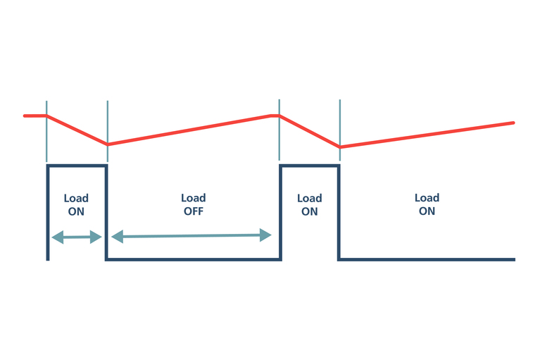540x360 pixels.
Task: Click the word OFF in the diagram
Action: pos(193,211)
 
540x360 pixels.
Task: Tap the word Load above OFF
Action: pos(193,198)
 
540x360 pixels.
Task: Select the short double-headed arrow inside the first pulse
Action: pos(77,237)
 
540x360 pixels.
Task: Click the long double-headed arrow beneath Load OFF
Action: pos(191,236)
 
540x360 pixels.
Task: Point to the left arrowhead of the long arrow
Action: pos(117,237)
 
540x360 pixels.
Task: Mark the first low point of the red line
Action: pos(108,144)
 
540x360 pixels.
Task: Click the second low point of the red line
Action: pos(340,147)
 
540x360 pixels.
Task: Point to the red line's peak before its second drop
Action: pos(279,116)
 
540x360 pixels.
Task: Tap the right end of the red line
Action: pos(513,123)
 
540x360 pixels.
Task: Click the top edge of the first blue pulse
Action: pos(77,166)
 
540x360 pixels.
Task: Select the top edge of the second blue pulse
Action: pos(310,166)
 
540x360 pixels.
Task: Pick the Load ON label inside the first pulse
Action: pos(76,205)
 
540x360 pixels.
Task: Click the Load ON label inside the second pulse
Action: pos(309,205)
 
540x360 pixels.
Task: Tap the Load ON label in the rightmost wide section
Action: pos(427,204)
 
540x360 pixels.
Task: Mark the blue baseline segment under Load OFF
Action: pos(194,259)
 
